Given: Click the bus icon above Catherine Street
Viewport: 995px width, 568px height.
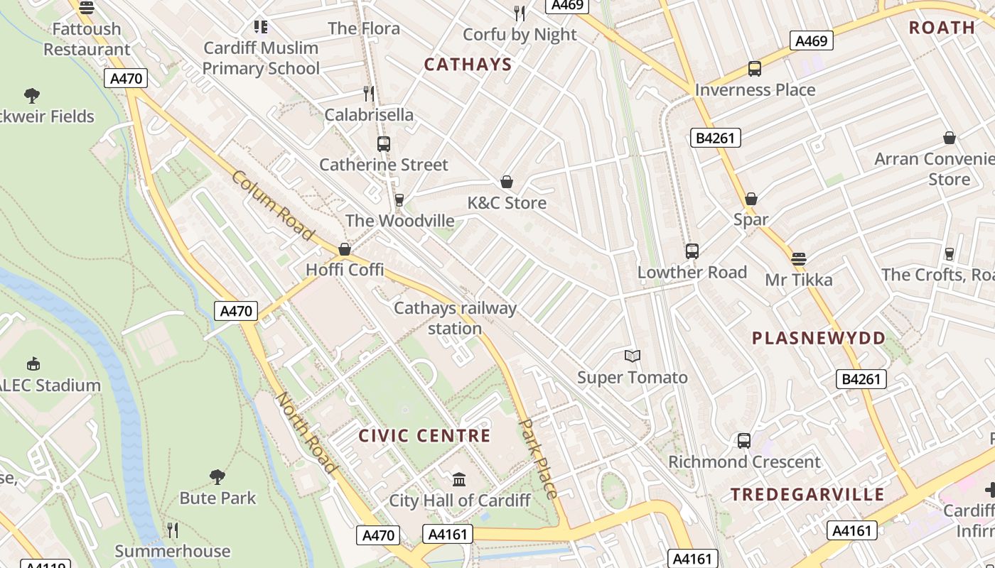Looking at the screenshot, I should click(384, 144).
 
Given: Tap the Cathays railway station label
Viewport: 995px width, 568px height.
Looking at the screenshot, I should click(455, 318).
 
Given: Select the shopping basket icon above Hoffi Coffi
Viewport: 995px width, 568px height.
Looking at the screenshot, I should click(345, 249).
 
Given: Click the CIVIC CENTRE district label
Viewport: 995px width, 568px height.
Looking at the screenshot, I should click(424, 436).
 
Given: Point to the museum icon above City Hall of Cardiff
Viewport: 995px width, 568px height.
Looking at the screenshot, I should click(459, 480).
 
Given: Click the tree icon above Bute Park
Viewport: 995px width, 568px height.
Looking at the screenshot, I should click(217, 476).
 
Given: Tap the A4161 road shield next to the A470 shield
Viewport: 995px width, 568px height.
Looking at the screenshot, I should click(448, 534).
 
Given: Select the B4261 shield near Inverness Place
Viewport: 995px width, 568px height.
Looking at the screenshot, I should click(716, 138).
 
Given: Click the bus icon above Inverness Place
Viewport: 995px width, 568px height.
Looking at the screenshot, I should click(755, 69).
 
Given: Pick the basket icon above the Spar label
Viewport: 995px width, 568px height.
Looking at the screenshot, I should click(751, 200).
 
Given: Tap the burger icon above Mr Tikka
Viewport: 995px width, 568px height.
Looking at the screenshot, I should click(799, 259).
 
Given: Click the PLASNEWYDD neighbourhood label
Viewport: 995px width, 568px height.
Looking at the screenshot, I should click(819, 338).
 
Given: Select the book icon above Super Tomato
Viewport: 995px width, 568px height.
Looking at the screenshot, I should click(633, 356).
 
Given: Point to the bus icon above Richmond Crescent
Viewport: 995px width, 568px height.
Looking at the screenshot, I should click(744, 441).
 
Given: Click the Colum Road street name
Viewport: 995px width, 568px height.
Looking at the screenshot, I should click(272, 205).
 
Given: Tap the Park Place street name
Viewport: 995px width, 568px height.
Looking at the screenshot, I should click(538, 458).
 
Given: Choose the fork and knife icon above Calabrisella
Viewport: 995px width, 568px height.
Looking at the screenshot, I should click(369, 94).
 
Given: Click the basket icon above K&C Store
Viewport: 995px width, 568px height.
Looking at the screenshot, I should click(507, 182).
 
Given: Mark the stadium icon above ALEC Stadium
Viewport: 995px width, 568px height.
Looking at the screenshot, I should click(33, 364).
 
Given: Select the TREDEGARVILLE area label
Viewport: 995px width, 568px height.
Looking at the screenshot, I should click(807, 495).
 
